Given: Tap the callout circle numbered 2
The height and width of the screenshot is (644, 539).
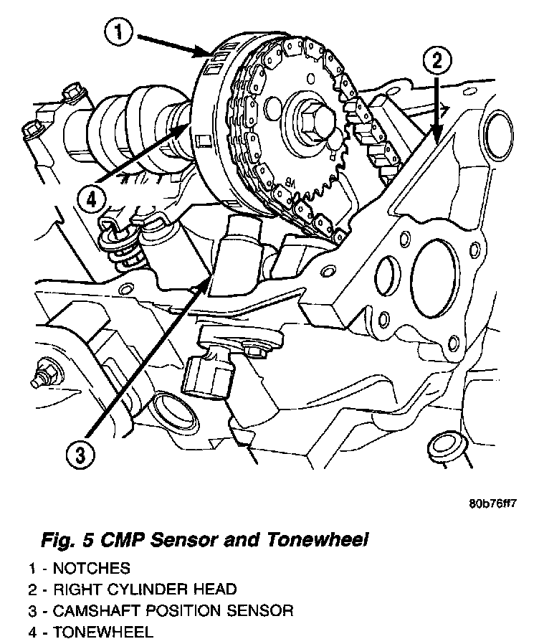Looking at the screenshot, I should [437, 60].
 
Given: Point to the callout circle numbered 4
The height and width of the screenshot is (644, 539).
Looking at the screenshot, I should [89, 200].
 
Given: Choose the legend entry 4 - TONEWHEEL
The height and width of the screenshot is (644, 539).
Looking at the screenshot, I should [90, 633].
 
